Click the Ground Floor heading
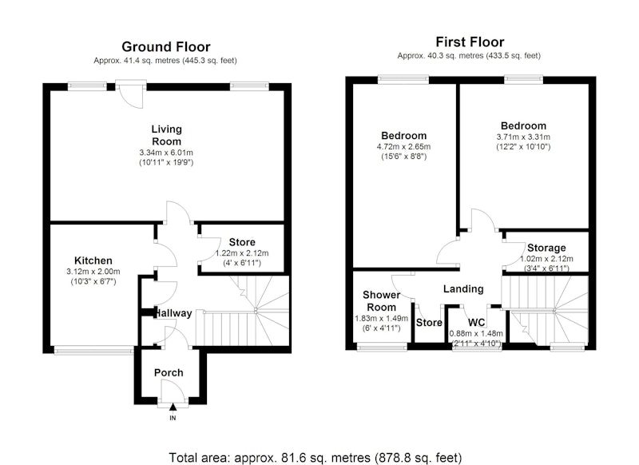coord(166,47)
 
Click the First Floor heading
coord(470,42)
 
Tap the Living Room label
coord(166,135)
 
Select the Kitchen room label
coord(93,260)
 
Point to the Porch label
coord(169,372)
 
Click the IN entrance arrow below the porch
coord(173,407)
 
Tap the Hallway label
coord(174,313)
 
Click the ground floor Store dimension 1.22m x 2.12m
coord(242,253)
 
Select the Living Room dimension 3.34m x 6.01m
coord(166,153)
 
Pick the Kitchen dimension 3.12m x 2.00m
coord(93,272)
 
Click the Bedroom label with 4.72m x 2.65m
coord(404,136)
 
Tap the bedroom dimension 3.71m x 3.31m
coord(523,137)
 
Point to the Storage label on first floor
coord(546,248)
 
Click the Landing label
coord(463,289)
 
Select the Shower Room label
coord(381,300)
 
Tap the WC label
coord(476,323)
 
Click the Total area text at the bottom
coord(316,458)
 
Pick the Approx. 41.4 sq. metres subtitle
coord(165,61)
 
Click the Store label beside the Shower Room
coord(429,323)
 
